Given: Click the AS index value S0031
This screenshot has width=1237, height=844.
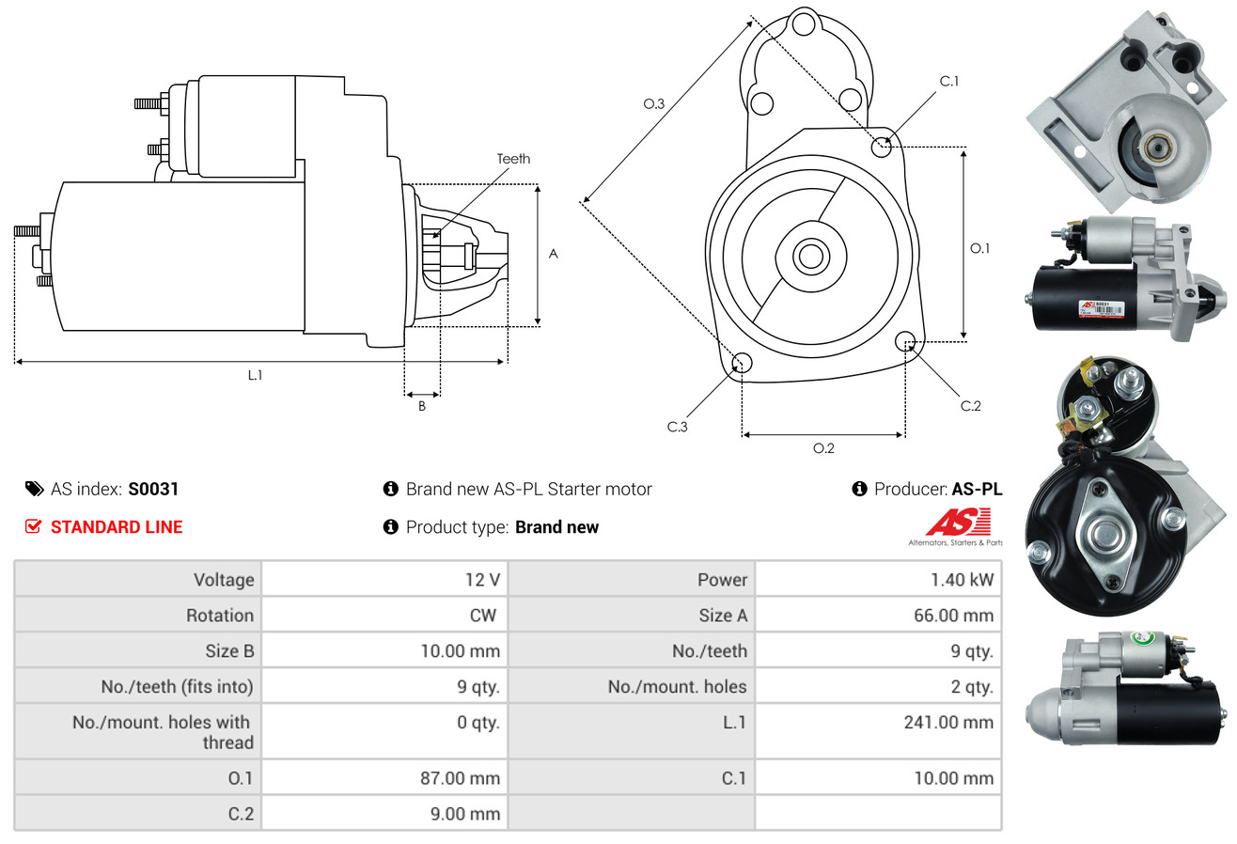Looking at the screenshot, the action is pos(153,489).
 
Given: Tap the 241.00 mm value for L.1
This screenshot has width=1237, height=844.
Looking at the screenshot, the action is pos(948,722).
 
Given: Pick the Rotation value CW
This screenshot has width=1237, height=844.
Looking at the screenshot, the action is pos(482,616).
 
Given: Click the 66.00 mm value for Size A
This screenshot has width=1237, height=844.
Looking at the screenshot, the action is pos(953,616).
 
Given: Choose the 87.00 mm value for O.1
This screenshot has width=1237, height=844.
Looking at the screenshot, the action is pos(460,778).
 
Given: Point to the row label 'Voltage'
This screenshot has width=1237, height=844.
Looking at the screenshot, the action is pos(224,580).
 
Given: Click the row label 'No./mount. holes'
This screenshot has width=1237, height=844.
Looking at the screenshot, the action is pos(677,687).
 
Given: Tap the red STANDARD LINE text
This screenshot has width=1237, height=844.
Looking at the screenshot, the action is pos(117,527).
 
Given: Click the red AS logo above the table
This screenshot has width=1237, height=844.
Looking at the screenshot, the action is pos(958,523).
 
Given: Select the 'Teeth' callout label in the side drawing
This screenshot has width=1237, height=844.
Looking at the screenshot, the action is pos(513,159).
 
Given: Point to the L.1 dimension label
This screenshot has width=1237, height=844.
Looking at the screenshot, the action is pos(255,375).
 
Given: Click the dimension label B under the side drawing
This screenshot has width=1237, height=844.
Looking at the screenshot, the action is pos(422,406).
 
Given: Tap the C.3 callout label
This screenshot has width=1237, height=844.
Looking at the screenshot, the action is pos(677,427).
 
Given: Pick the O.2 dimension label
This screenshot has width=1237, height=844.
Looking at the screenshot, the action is pos(823,448).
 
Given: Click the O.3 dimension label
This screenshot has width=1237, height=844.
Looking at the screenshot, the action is pos(654,103).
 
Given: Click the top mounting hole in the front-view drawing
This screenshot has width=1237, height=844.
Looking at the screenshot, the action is pos(804,24).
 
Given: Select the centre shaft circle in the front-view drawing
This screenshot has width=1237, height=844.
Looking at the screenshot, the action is pos(810,257).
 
